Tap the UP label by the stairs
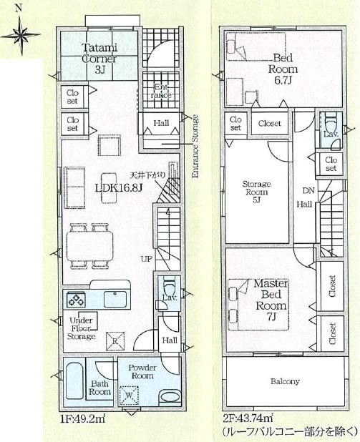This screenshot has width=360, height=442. tap(146, 258)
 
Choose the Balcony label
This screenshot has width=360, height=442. tap(285, 381)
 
